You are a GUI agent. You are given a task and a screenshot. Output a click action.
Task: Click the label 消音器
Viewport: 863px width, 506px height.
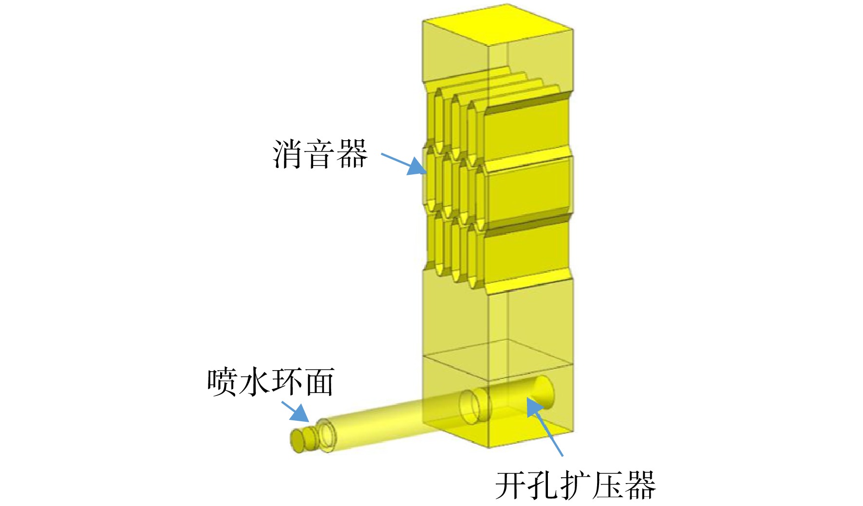coord(319,154)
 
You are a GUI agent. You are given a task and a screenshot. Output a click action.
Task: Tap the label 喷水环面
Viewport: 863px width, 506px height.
coord(271,381)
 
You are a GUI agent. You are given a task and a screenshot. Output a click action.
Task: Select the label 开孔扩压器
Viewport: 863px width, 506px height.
coord(576,485)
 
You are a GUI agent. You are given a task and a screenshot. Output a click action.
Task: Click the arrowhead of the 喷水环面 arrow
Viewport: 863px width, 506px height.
coord(301,414)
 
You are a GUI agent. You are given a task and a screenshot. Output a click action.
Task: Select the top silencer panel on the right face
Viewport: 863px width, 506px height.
coord(527,129)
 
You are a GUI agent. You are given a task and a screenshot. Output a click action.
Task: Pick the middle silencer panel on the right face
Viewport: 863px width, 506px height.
coord(527,192)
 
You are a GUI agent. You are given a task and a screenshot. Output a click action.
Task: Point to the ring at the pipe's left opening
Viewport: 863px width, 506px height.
coord(327,434)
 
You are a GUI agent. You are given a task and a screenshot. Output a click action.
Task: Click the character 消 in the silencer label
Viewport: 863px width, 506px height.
coord(287,154)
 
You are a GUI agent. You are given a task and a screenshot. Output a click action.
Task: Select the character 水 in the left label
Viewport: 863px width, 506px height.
coord(255,381)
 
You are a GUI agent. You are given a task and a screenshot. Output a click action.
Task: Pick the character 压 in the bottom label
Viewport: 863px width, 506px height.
coord(608,485)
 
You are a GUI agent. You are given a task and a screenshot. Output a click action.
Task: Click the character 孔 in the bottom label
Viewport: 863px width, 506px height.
coord(544,485)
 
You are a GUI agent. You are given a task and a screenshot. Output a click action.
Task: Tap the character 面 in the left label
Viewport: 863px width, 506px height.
coord(319,382)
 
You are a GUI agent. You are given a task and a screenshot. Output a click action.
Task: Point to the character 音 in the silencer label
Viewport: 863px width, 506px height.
coord(319,154)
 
